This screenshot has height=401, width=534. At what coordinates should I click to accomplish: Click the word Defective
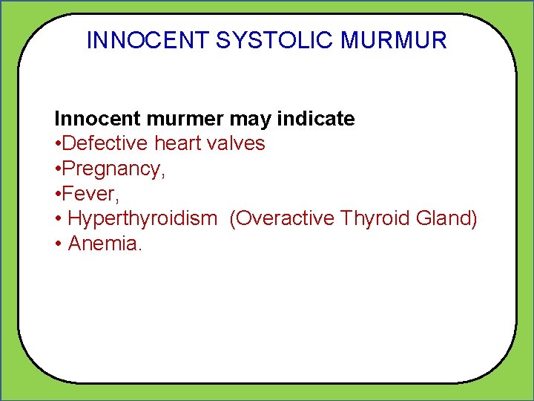coord(106,143)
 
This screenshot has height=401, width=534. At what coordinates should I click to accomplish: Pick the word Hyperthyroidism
coord(142,218)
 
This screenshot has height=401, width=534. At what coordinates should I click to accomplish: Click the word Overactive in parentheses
coord(281,218)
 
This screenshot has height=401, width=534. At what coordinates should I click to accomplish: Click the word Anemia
coord(103,244)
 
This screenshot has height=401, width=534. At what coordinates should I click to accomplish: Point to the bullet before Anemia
coord(58,244)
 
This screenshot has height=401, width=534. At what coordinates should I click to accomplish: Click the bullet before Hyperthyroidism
coord(58,219)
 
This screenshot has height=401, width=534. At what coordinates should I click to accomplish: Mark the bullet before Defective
coord(58,144)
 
